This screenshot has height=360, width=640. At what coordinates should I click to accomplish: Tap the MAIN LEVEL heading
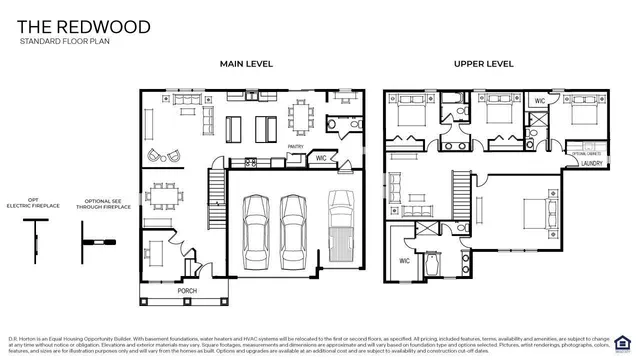click(246, 64)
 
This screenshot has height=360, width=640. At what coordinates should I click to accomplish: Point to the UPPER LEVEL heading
click(483, 64)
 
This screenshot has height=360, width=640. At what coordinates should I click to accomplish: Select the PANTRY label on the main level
click(295, 147)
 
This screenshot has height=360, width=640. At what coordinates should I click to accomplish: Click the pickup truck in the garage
click(340, 225)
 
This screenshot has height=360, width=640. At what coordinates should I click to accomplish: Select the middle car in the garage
click(295, 221)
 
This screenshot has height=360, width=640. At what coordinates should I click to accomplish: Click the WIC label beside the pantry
click(321, 158)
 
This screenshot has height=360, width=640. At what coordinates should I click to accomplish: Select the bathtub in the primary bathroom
click(433, 262)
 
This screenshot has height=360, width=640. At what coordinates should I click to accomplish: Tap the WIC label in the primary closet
click(404, 260)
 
